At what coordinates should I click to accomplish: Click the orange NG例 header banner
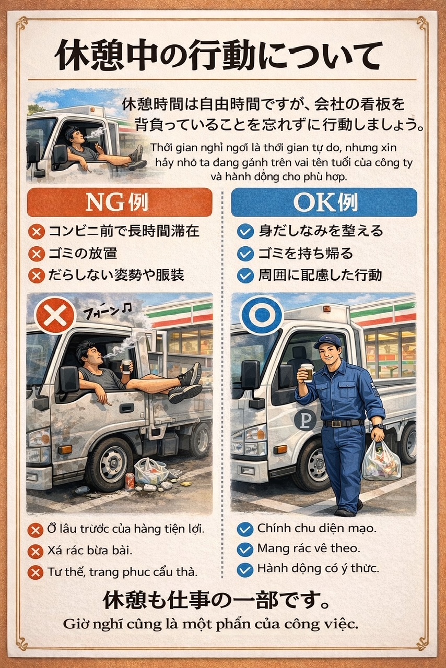(x=120, y=202)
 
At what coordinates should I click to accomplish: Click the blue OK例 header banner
(x=324, y=202)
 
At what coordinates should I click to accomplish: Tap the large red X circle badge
(x=55, y=316)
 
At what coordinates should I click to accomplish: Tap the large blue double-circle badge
(x=262, y=314)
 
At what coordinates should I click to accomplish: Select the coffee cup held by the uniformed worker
(x=306, y=373)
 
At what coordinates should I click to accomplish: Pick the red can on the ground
(x=130, y=481)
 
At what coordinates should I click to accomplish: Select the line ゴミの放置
(x=83, y=254)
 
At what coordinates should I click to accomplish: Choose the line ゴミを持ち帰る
(x=306, y=254)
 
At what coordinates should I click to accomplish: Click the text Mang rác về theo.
(x=309, y=548)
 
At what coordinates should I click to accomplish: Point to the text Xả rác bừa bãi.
(x=89, y=550)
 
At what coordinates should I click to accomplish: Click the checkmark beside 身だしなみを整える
(x=245, y=232)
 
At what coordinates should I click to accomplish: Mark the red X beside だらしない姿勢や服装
(x=37, y=276)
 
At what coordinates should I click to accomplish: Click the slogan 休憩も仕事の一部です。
(x=216, y=600)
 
